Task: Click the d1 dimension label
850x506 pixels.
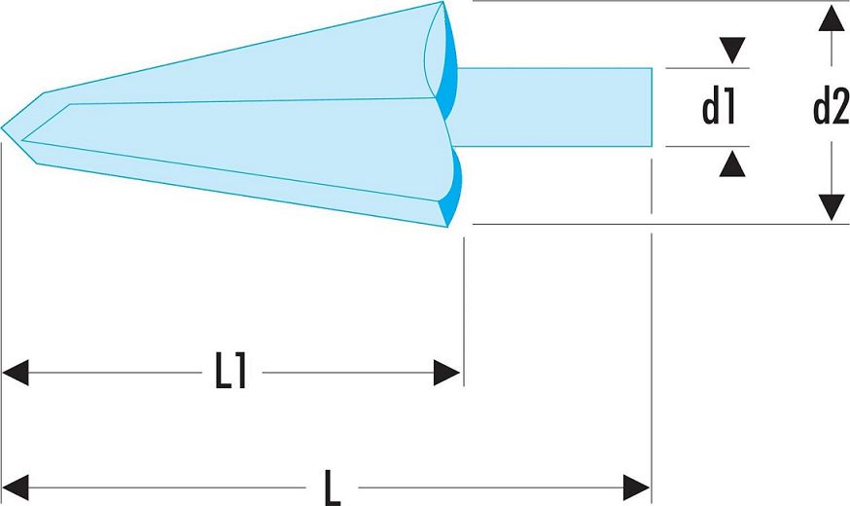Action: tap(719, 108)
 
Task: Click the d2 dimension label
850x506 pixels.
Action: tap(831, 108)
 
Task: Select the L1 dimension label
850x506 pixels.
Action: tap(231, 372)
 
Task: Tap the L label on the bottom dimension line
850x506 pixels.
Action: tap(332, 488)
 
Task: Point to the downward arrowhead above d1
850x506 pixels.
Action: tap(732, 51)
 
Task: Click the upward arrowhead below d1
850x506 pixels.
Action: tap(732, 163)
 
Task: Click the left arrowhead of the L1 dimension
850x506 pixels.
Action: tap(16, 373)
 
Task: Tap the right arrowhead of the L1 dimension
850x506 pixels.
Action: tap(446, 373)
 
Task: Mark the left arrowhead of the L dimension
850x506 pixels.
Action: tap(16, 487)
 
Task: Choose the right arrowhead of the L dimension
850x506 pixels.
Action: tap(636, 487)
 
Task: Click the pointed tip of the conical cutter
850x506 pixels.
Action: tap(2, 128)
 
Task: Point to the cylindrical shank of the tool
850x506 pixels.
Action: tap(553, 107)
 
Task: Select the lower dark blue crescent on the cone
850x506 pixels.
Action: tap(451, 190)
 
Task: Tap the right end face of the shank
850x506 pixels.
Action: tap(652, 107)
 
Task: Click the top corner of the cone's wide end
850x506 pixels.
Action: tap(443, 2)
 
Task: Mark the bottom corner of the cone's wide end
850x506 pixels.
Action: tap(447, 227)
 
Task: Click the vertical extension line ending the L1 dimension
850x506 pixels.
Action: tap(464, 311)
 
